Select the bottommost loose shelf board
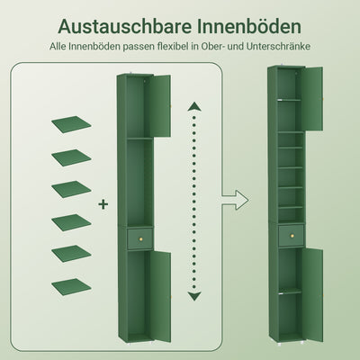(x=71, y=287)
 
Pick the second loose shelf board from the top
(x=71, y=157)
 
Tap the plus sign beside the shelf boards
(x=103, y=205)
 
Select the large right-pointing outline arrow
(x=237, y=197)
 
